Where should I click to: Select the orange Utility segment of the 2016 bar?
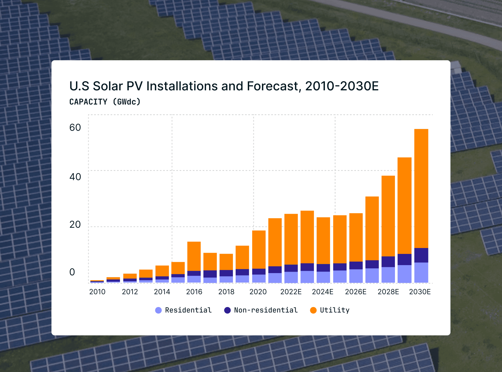tap(194, 256)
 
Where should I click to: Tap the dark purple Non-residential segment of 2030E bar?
tap(421, 255)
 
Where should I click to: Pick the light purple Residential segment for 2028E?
tap(388, 275)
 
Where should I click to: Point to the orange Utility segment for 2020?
tap(259, 249)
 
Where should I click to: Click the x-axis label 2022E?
tap(291, 292)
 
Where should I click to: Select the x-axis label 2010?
tap(97, 292)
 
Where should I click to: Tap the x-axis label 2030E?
tap(420, 292)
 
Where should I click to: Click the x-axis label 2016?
tap(194, 292)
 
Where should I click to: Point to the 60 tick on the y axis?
tap(75, 128)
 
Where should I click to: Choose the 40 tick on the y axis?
tap(75, 177)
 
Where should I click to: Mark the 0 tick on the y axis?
tap(72, 272)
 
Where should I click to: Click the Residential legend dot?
tap(158, 310)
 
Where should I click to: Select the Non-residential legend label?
tap(266, 310)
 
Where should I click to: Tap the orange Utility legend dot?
tap(313, 310)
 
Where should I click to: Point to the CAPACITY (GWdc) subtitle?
tap(105, 102)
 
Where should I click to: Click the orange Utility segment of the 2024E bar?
tap(323, 240)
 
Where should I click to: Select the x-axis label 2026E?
tap(356, 292)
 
